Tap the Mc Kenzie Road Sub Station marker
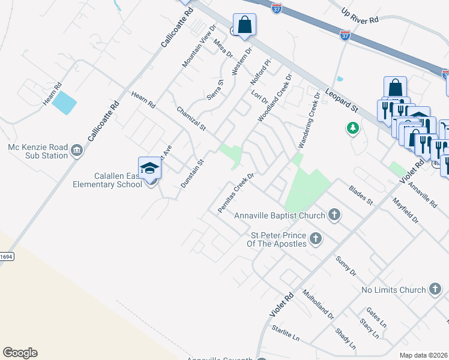pos(76,150)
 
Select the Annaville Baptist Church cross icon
pos(334,215)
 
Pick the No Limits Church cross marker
pos(435,290)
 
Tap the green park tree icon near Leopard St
pos(354,128)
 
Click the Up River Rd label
pos(360,16)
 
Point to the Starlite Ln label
pos(285,334)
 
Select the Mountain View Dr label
pos(199,46)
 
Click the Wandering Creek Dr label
pos(307,124)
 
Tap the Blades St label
pos(361,194)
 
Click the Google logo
pos(20,353)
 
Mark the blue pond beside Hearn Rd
pos(64,103)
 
